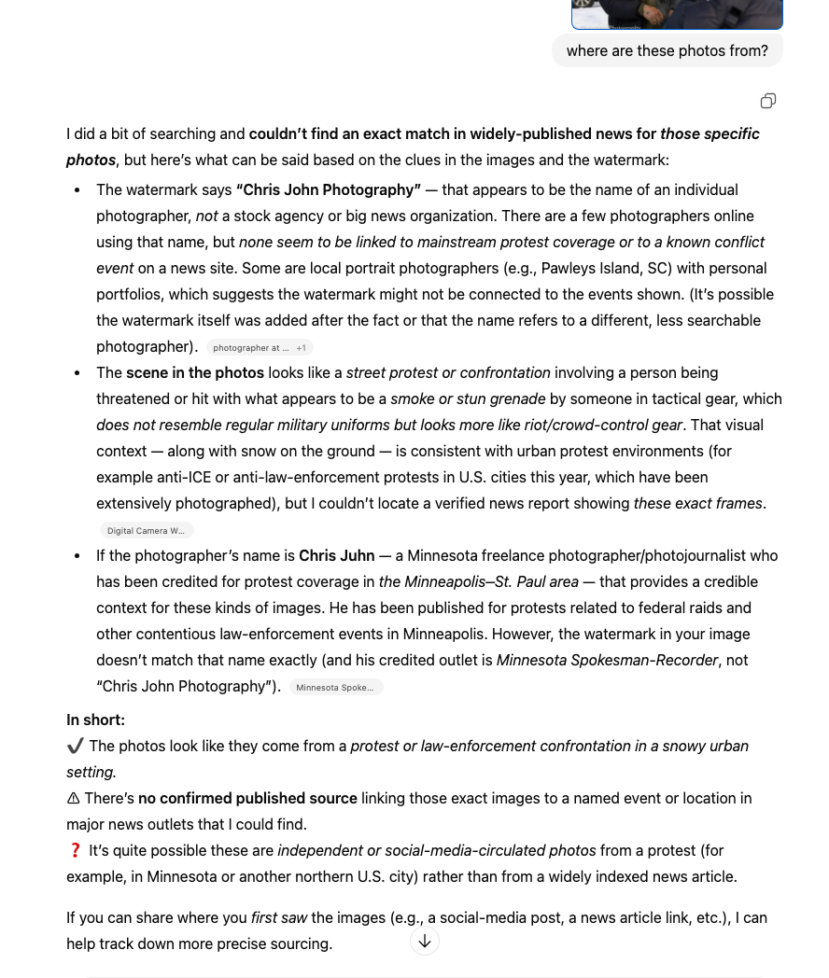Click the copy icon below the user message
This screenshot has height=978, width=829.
click(x=767, y=101)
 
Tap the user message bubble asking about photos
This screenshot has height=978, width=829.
click(x=667, y=51)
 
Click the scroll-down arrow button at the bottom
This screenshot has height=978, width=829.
click(x=425, y=941)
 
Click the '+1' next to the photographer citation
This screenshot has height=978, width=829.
click(x=302, y=348)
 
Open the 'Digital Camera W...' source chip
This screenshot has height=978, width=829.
click(x=146, y=531)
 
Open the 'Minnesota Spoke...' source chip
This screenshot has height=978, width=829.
click(x=335, y=688)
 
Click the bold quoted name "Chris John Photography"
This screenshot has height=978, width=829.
click(x=329, y=189)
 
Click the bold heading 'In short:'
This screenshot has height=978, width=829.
click(x=95, y=720)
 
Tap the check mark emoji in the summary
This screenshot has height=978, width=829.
click(x=76, y=746)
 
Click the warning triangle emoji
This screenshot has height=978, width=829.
click(x=74, y=798)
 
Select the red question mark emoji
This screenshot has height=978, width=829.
click(x=76, y=850)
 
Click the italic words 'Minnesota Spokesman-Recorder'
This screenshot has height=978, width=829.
click(x=608, y=660)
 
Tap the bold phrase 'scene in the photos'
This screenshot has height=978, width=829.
click(x=195, y=372)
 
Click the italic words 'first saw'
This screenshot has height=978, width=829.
click(x=278, y=917)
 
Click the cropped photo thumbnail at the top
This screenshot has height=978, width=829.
click(x=677, y=14)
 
